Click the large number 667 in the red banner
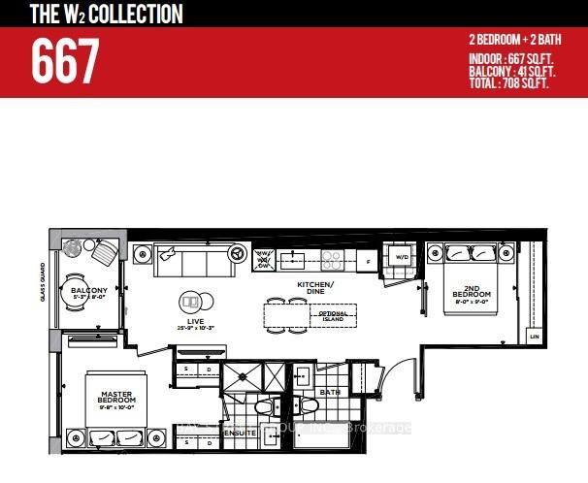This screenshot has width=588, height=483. [65, 63]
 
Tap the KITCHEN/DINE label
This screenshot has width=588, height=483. [315, 287]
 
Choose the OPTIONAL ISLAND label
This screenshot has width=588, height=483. [334, 316]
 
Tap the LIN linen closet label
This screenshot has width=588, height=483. [533, 336]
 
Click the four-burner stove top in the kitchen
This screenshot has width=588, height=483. [332, 259]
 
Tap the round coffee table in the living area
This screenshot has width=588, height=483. [193, 302]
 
